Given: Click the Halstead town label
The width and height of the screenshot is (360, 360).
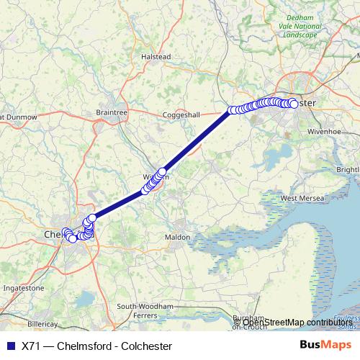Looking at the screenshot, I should pyautogui.click(x=156, y=57).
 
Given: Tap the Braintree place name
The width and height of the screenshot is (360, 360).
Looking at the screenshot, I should pyautogui.click(x=111, y=112).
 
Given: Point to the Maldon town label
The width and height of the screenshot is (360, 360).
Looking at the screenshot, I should pyautogui.click(x=177, y=237).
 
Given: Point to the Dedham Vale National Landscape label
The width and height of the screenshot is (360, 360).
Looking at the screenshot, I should pyautogui.click(x=300, y=27).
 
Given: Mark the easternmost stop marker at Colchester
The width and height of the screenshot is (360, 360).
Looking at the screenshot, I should pyautogui.click(x=294, y=104).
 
